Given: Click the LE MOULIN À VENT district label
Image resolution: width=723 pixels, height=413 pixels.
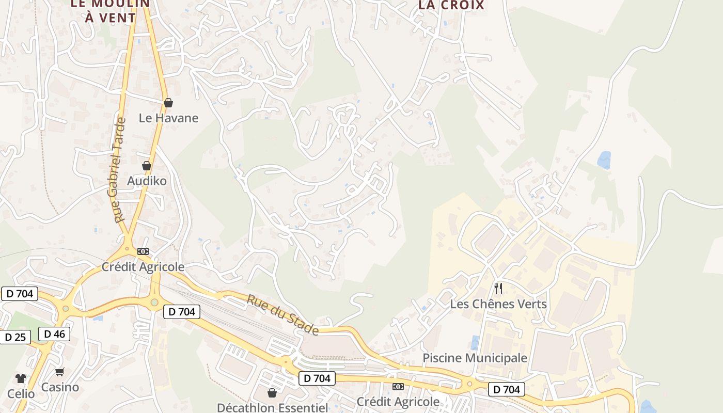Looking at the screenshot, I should click(x=110, y=10).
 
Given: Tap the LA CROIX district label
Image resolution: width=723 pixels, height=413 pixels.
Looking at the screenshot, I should click(x=451, y=5).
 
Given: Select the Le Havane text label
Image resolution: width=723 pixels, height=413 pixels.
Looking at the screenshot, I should click(x=168, y=118).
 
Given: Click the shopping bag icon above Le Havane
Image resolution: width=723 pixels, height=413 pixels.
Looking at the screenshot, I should click(x=168, y=103).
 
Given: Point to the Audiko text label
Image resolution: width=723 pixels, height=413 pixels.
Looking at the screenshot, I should click(x=147, y=181).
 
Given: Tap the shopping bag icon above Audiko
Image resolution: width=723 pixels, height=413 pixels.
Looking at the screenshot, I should click(x=147, y=166).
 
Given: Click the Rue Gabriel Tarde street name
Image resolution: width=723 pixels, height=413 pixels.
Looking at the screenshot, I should click(x=118, y=170).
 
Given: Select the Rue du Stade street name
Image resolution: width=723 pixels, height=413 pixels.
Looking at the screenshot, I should click(x=282, y=314).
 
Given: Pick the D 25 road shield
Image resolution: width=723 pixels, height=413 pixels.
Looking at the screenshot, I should click(x=15, y=337).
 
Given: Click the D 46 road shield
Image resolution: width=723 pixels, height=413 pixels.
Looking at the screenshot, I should click(x=54, y=334).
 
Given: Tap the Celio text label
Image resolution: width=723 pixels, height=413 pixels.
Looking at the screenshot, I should click(x=21, y=394).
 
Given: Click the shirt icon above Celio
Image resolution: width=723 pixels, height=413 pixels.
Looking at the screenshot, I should click(x=21, y=378).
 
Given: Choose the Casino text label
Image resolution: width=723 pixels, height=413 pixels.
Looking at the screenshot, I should click(x=60, y=387).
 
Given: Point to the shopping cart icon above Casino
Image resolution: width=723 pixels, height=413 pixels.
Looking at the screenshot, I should click(x=60, y=372).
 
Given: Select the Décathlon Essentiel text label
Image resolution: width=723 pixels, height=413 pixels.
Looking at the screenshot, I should click(x=272, y=408).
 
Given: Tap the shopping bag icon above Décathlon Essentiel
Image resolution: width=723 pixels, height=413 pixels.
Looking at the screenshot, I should click(x=272, y=393).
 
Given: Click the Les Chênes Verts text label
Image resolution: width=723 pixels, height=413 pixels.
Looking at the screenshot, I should click(x=498, y=304).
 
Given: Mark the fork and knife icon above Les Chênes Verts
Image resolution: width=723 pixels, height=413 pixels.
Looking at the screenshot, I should click(x=498, y=288).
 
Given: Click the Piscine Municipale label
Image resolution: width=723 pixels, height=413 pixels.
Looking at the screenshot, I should click(x=475, y=358).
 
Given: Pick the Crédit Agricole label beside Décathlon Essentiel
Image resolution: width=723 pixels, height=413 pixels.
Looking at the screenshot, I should click(x=398, y=402).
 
